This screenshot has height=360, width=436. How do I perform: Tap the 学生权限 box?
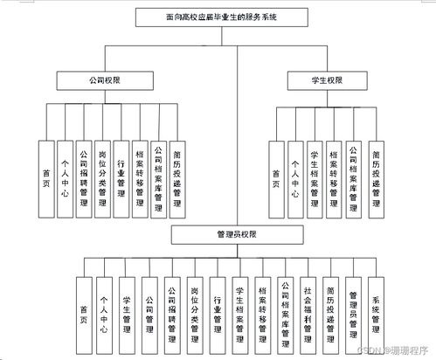pyautogui.click(x=327, y=81)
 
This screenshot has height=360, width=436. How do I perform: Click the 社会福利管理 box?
pyautogui.click(x=308, y=310)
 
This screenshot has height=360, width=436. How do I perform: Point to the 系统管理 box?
pyautogui.click(x=376, y=310)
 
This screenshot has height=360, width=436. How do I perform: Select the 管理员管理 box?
pyautogui.click(x=353, y=310)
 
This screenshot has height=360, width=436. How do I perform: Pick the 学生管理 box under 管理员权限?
pyautogui.click(x=126, y=310)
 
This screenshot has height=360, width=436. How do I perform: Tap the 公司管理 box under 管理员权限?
pyautogui.click(x=149, y=310)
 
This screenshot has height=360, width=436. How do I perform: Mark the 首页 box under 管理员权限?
pyautogui.click(x=81, y=310)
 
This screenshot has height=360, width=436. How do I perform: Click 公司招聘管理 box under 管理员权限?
pyautogui.click(x=171, y=310)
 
